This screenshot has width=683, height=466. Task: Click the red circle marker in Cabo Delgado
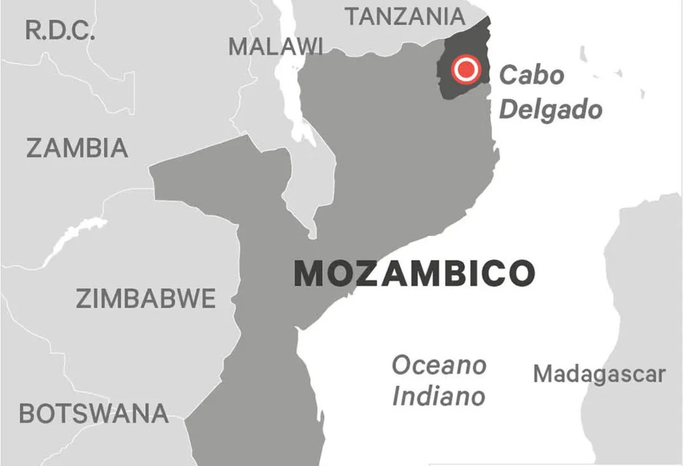[x=466, y=70]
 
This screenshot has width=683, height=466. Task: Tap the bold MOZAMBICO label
[x=414, y=273]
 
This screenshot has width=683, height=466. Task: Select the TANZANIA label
[x=405, y=17]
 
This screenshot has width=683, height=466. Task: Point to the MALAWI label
[x=275, y=47]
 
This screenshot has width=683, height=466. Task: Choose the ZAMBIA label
[x=77, y=148]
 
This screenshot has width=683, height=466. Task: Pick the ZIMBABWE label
[x=146, y=299]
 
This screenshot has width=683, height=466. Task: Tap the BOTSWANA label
[x=94, y=413]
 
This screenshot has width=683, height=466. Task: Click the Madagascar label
[x=599, y=374]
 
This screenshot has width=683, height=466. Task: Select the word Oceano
[x=439, y=365]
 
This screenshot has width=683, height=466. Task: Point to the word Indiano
[x=438, y=396]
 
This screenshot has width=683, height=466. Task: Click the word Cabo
[x=532, y=75]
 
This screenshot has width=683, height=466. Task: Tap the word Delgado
[x=550, y=109]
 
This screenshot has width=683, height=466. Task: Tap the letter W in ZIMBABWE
[x=189, y=299]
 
